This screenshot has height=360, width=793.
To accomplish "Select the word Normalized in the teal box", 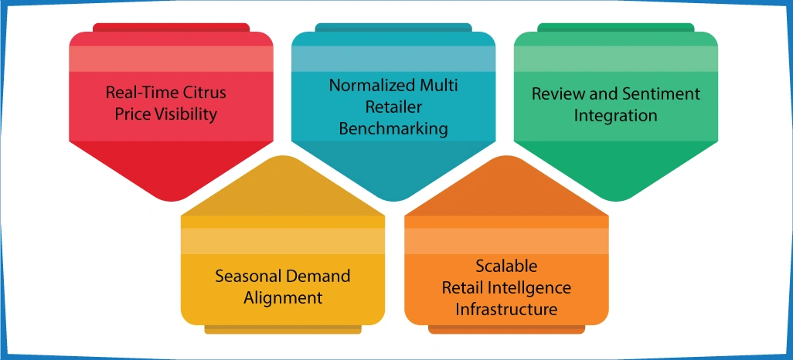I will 370,85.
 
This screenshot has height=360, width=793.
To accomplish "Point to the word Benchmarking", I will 393,128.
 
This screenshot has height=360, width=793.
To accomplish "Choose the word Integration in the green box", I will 616,116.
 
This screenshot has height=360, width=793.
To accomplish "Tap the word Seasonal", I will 247,276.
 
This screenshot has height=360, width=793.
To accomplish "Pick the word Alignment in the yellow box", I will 283,297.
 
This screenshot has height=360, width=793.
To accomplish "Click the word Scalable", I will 506,267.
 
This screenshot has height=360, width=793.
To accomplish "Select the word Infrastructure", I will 506,309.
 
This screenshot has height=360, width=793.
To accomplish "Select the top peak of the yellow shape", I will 283,157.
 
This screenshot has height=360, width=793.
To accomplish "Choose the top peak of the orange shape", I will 506,157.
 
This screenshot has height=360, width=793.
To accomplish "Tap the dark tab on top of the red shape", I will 171,27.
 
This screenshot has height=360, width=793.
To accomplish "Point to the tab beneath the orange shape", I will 506,330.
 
